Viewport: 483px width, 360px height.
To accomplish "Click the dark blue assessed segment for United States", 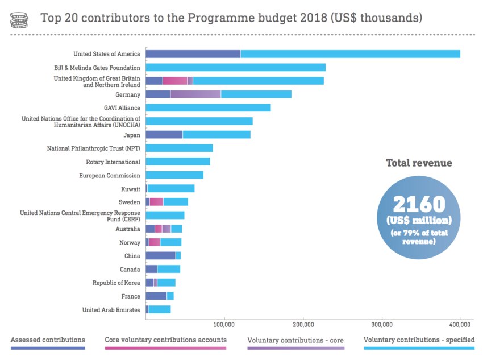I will (x=193, y=54).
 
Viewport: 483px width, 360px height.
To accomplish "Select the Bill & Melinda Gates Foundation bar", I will (x=235, y=67).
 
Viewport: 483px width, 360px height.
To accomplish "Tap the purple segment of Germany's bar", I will (x=195, y=94).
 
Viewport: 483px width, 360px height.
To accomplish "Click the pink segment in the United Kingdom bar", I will (x=175, y=81).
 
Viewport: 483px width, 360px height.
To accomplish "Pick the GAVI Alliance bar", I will (x=208, y=107).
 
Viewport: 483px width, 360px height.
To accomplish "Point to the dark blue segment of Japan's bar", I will (x=164, y=135).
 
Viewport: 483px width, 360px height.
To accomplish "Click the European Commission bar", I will (x=174, y=175).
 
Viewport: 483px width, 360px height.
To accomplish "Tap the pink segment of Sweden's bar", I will (x=156, y=202).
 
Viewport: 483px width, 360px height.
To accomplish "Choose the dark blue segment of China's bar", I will (x=160, y=256).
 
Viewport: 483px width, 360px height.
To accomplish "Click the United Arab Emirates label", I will (x=111, y=310).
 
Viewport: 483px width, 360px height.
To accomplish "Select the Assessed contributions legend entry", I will (x=48, y=340).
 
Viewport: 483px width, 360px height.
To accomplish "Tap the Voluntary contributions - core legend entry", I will (x=295, y=340).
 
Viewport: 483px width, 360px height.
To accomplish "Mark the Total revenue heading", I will (x=419, y=163).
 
